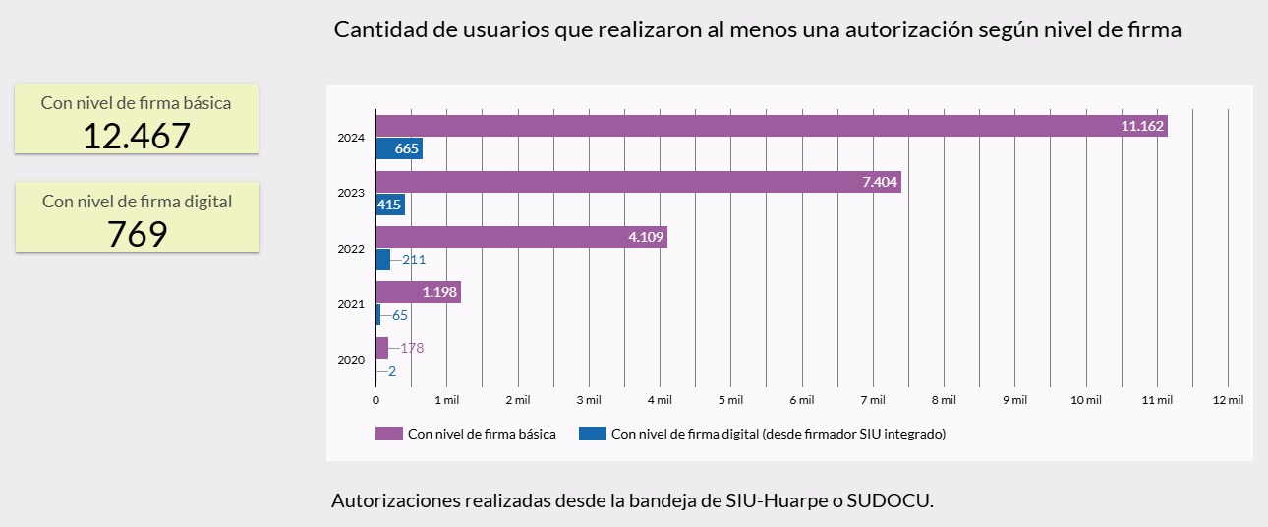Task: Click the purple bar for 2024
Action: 772,126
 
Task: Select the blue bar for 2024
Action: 399,149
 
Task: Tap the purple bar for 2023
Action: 638,182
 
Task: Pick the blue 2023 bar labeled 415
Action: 390,205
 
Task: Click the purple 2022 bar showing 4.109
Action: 521,237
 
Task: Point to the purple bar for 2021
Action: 418,292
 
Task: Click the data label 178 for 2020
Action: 412,348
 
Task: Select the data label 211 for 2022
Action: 414,260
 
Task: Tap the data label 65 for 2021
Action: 400,315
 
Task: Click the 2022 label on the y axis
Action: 351,249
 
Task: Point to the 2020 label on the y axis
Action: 351,360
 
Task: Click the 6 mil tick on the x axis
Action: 800,400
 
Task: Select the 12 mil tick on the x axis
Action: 1229,400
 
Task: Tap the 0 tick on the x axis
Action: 375,400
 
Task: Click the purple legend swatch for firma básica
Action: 389,434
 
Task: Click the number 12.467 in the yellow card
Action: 136,136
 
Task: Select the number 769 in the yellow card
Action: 137,234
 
